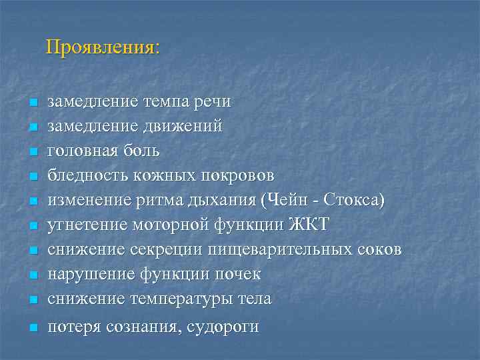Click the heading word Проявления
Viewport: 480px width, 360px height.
click(102, 48)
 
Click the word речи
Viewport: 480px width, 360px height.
click(212, 102)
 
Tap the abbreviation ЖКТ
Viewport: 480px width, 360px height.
click(309, 225)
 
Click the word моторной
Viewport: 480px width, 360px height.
click(173, 225)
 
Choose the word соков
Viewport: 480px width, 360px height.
click(379, 250)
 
